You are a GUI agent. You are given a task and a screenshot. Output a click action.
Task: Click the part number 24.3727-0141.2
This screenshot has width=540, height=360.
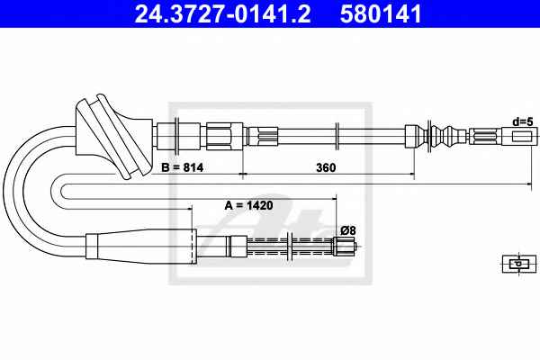click(x=222, y=13)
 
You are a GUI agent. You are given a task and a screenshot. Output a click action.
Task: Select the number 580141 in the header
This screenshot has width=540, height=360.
click(x=381, y=13)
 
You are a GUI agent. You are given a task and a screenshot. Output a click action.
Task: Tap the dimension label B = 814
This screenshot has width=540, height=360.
click(x=182, y=167)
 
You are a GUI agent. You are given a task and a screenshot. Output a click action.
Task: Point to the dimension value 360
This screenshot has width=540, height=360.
click(x=326, y=167)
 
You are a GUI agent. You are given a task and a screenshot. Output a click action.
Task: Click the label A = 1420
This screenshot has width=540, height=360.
click(x=248, y=206)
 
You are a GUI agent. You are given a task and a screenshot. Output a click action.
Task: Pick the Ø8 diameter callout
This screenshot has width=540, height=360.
click(x=347, y=230)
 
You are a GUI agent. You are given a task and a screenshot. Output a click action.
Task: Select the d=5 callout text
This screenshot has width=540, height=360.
click(x=523, y=121)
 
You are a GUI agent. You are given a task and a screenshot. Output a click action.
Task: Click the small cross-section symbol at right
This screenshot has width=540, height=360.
click(x=519, y=264)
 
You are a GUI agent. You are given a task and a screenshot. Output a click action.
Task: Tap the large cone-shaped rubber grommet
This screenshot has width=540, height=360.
click(x=113, y=136)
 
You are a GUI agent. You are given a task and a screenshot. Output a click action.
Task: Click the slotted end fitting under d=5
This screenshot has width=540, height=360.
click(x=519, y=136)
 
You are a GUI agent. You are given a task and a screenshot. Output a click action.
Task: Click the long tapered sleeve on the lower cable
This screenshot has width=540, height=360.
click(x=141, y=247)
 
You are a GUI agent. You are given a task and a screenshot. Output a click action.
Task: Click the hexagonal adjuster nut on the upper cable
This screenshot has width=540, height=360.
click(x=224, y=136)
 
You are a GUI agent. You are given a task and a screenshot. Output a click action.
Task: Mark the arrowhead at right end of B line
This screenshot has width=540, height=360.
click(x=529, y=184)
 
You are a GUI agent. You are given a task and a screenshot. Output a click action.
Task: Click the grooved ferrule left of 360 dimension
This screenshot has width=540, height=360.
click(x=263, y=136)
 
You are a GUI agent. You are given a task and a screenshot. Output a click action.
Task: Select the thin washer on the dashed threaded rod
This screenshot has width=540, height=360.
click(x=290, y=247)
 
